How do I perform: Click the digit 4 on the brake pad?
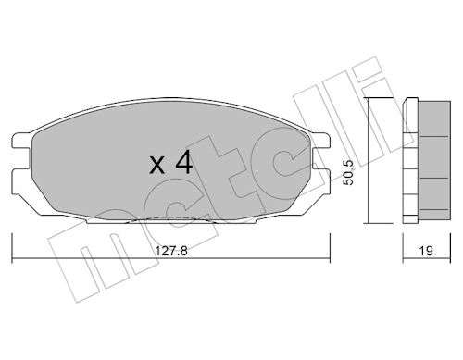click(184, 164)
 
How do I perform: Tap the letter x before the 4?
click(157, 166)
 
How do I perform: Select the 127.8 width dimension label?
click(171, 251)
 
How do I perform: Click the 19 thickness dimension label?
click(426, 251)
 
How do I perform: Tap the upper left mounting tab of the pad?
click(21, 141)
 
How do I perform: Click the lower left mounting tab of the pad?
click(20, 177)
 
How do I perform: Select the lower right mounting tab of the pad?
click(321, 176)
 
